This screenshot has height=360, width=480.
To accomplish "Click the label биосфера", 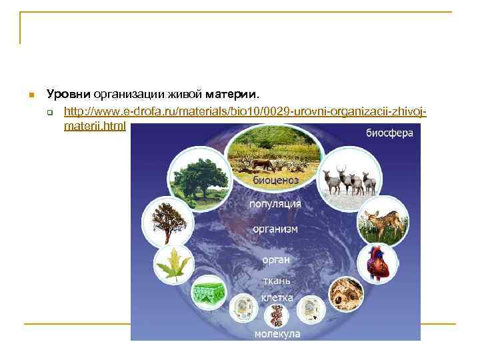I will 389,133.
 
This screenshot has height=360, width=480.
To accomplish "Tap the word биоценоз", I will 275,180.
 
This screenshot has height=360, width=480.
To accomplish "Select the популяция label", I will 275,203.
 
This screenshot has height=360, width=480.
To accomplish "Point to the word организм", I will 275,229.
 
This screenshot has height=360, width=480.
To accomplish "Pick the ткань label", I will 275,281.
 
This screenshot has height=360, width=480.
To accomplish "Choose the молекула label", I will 277,333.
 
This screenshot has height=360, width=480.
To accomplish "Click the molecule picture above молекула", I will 277,316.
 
